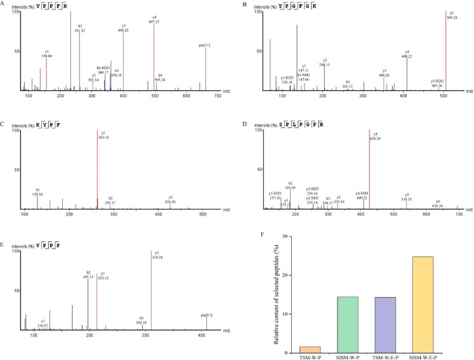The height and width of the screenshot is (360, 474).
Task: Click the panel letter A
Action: [x=4, y=5]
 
